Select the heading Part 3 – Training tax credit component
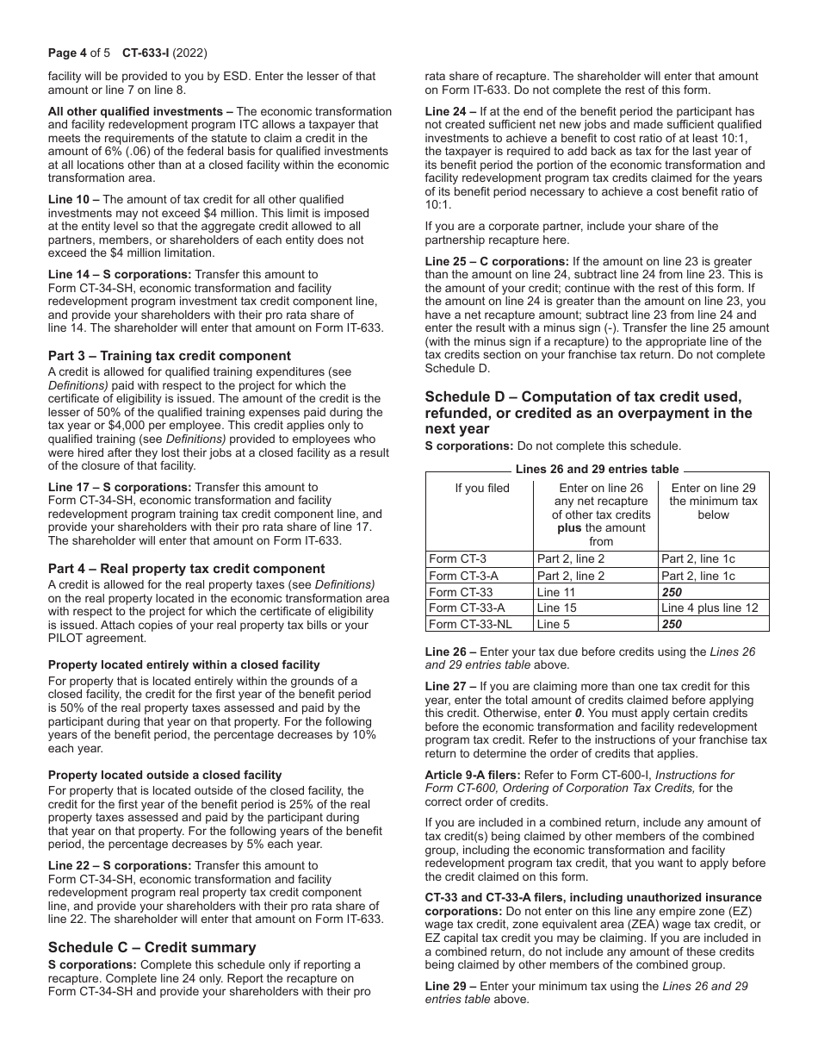coord(170,356)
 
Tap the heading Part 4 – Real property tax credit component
coord(187,569)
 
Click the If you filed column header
coord(481,489)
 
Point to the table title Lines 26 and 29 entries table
coord(597,470)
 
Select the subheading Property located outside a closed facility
coord(165,775)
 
